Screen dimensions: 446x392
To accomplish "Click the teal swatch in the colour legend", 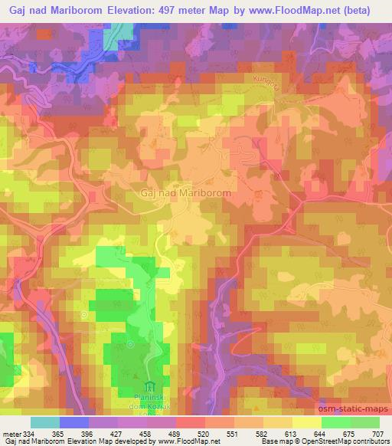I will [x=45, y=422].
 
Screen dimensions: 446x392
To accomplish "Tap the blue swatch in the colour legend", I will [x=74, y=422].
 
